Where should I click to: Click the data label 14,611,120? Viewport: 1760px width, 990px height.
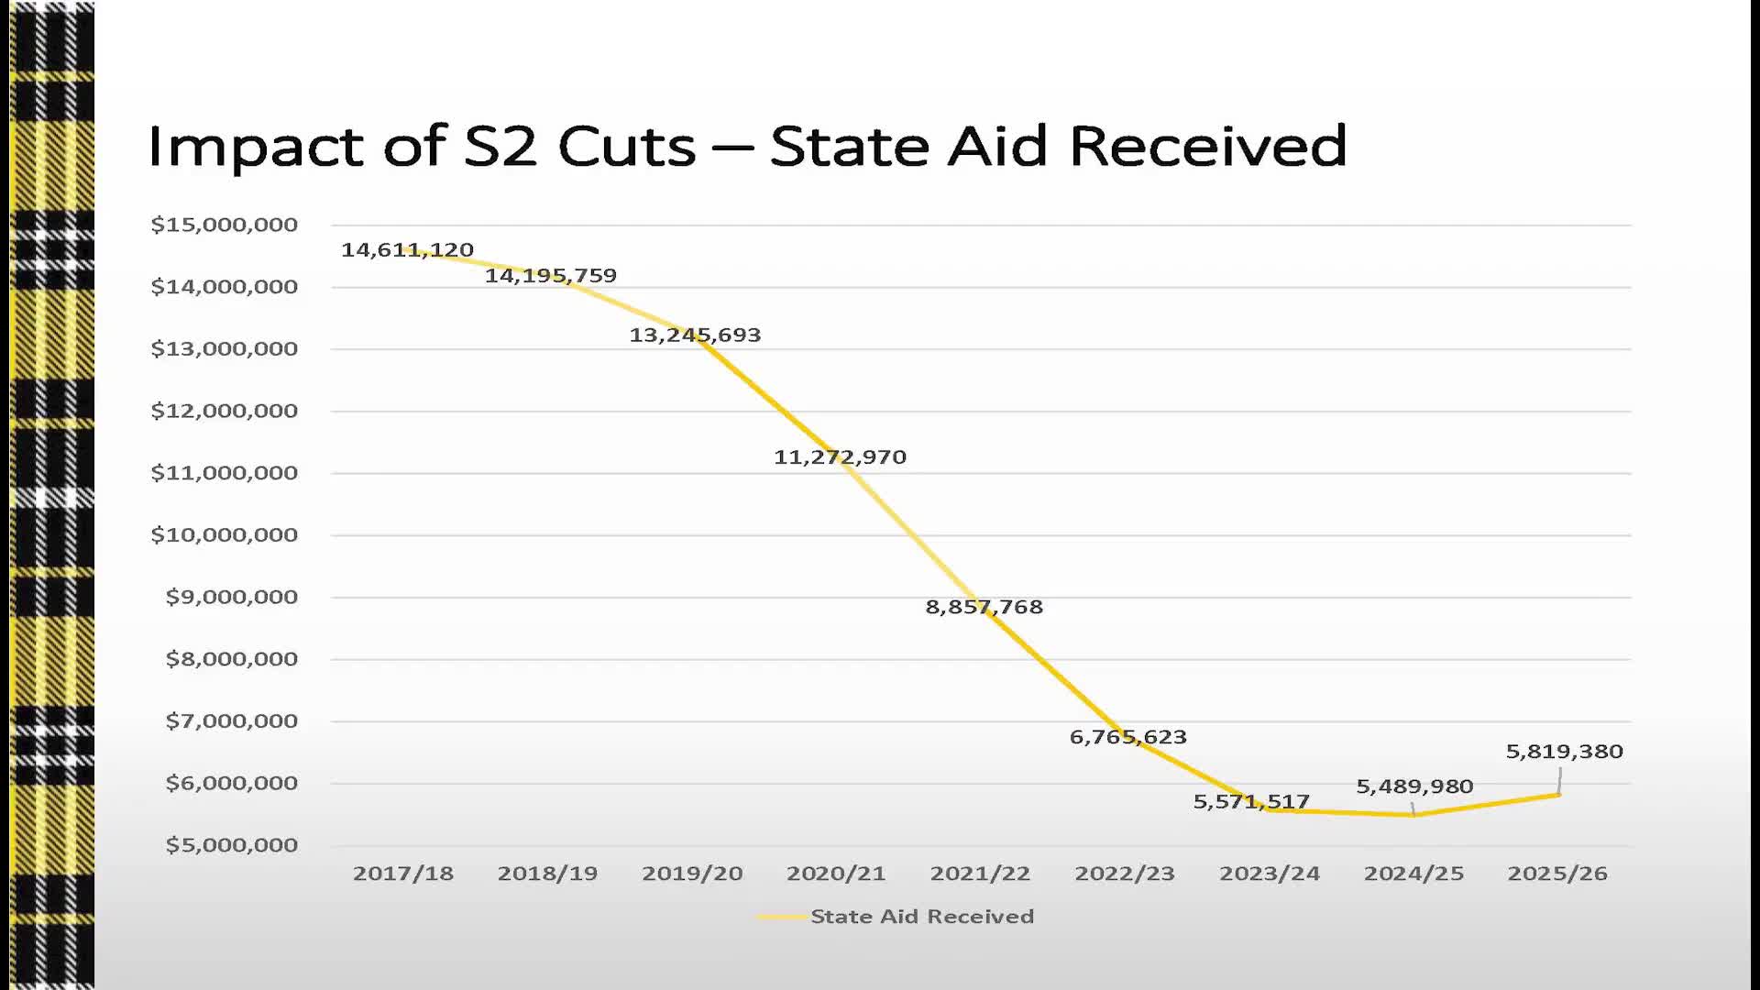point(407,249)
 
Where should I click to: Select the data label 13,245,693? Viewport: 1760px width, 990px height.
point(695,335)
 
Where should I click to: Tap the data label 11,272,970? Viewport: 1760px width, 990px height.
point(840,456)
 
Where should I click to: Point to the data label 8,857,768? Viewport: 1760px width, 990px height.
point(984,607)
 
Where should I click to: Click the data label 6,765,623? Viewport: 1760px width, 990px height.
point(1127,737)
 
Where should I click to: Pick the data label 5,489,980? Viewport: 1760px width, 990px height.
point(1414,786)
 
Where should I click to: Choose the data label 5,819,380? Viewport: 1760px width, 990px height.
point(1564,752)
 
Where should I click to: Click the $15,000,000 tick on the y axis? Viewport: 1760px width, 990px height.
point(225,225)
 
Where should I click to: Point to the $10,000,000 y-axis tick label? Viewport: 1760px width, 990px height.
point(225,534)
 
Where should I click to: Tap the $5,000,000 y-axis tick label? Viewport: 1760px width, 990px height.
point(232,845)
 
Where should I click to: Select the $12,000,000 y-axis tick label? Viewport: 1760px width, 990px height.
point(225,411)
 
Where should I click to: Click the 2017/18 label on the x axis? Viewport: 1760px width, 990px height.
point(403,874)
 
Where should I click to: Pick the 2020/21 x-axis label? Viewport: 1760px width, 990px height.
point(836,874)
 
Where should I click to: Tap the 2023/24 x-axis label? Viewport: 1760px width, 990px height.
point(1270,874)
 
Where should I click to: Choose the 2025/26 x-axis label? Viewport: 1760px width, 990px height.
point(1557,874)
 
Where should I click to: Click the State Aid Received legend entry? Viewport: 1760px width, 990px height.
point(921,917)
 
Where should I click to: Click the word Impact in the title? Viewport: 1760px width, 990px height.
point(255,147)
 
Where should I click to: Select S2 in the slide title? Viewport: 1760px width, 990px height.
point(500,147)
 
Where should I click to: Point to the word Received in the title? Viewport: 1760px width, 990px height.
point(1207,147)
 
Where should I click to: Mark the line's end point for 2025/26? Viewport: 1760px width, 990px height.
point(1558,795)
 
